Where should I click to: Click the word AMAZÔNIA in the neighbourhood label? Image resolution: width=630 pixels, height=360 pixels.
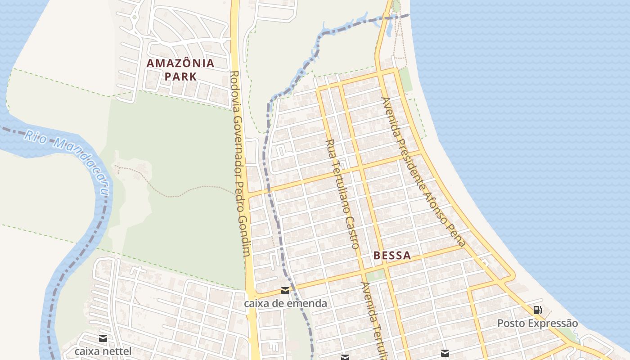pos(180,63)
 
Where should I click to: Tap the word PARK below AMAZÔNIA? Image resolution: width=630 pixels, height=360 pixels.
pos(180,76)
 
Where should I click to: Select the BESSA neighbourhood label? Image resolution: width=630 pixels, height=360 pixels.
pos(392,256)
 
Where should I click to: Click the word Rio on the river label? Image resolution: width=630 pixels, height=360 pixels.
pos(34,137)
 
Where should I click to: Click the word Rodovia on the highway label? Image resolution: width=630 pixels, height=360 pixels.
pos(234,90)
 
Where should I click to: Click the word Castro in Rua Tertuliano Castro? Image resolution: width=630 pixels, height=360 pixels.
pos(351,232)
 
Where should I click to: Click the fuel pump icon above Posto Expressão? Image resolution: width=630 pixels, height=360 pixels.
pos(537,310)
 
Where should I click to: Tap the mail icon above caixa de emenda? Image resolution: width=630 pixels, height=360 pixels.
pos(285,291)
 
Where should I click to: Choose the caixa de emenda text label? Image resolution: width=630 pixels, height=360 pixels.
pos(285,303)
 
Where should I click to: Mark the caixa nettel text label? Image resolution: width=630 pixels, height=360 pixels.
pos(103,351)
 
